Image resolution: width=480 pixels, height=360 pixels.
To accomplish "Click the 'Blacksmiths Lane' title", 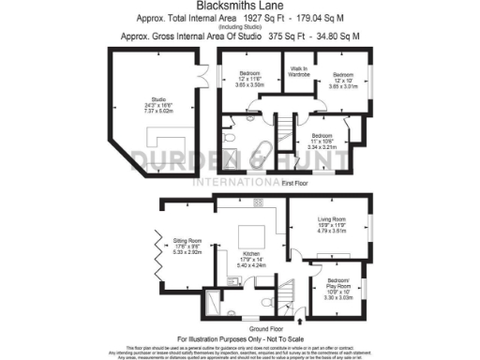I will pos(240,7).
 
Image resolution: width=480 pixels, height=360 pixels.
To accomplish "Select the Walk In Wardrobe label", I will pos(299,71).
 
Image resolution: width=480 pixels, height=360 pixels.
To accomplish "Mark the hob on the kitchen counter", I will pos(257,202).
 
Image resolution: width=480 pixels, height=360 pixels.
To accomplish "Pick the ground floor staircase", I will pos(294,278).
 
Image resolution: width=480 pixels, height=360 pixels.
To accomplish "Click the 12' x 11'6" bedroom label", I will pos(248,78).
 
